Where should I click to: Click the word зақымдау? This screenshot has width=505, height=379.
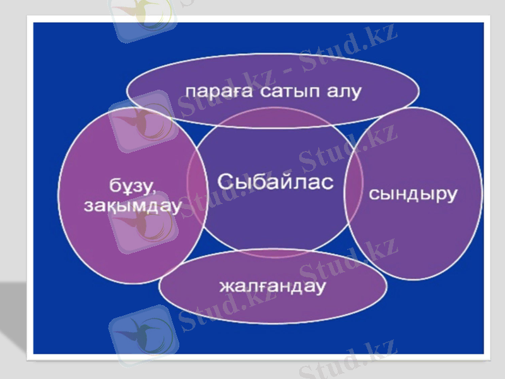132,205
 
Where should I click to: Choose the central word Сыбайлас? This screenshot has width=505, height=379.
275,181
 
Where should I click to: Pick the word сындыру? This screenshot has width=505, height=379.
412,194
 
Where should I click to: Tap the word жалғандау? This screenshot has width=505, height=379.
272,286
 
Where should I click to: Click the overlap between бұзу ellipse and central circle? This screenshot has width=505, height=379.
198,189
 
